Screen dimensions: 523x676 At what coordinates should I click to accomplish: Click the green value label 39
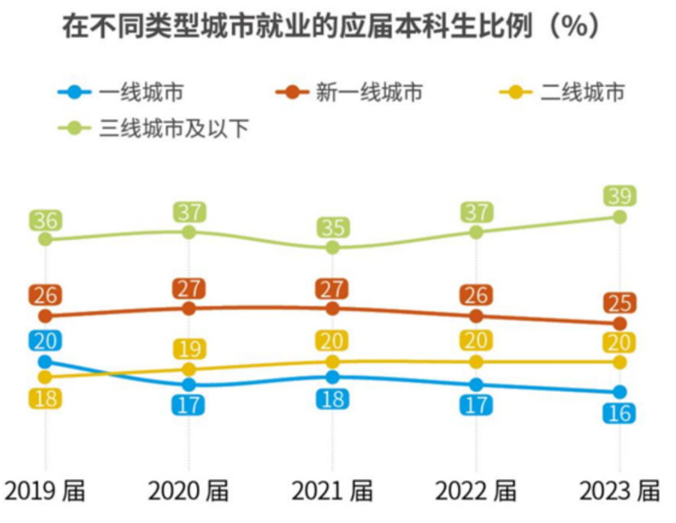coord(620,196)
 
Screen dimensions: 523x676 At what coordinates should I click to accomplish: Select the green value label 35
coord(333,227)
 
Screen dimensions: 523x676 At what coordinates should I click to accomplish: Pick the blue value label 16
coord(620,413)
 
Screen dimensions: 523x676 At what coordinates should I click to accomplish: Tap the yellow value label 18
coord(46,399)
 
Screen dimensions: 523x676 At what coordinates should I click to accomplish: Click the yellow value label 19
coord(189,349)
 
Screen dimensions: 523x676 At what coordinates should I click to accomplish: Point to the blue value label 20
coord(46,341)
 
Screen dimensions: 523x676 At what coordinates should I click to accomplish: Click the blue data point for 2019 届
coord(46,362)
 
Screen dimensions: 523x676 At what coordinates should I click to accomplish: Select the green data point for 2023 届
coord(620,217)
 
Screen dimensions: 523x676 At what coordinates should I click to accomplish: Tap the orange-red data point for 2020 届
coord(189,308)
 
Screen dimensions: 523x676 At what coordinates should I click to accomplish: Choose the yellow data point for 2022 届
coord(476,362)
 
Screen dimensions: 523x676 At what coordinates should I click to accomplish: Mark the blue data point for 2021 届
coord(333,377)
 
